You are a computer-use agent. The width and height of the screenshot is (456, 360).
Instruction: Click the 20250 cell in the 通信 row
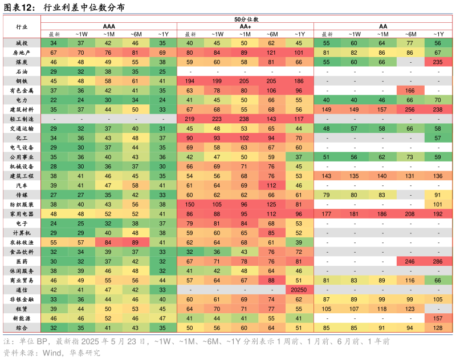299,290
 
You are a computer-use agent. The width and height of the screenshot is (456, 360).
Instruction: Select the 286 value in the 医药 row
438,261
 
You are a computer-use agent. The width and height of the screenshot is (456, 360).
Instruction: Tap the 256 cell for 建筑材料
409,110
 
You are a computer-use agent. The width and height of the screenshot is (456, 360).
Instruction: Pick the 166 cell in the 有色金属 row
409,90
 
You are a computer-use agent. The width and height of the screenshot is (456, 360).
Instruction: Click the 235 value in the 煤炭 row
438,62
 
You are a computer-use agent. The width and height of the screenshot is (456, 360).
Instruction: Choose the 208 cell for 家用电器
409,214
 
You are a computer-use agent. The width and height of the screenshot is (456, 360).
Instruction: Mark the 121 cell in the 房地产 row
272,52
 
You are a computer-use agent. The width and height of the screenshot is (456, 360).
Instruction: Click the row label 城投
22,43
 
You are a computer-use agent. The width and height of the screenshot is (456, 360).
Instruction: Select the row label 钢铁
22,81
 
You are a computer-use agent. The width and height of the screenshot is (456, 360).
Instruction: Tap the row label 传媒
22,195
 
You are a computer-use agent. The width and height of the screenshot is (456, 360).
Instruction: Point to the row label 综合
22,328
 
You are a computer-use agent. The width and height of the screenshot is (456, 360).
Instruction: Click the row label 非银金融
22,300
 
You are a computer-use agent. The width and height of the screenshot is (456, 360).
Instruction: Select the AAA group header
108,26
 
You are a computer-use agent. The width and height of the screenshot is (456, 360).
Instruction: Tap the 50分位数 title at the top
246,19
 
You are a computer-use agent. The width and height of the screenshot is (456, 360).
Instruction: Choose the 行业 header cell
22,27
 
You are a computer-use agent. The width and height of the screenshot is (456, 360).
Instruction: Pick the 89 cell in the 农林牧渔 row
136,242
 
